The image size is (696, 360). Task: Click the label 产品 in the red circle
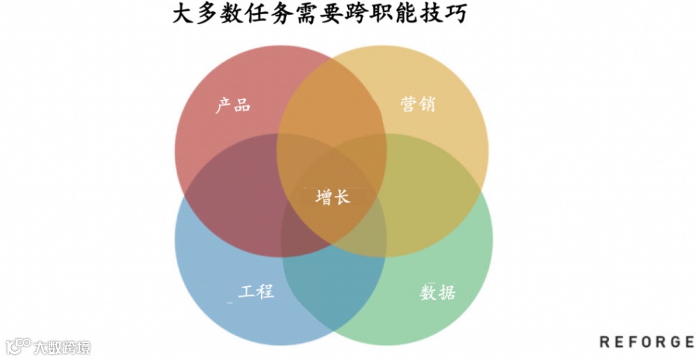233,105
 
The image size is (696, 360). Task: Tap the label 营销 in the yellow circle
417,105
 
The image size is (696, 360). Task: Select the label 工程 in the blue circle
256,291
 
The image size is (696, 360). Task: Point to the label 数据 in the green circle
438,293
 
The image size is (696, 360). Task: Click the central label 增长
333,197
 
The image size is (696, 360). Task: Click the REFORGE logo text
646,342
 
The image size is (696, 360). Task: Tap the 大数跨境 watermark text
62,348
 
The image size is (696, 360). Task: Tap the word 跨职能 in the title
391,14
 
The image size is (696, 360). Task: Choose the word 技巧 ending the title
451,14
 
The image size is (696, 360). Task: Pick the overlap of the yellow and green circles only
435,194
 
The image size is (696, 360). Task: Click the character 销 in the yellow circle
427,105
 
